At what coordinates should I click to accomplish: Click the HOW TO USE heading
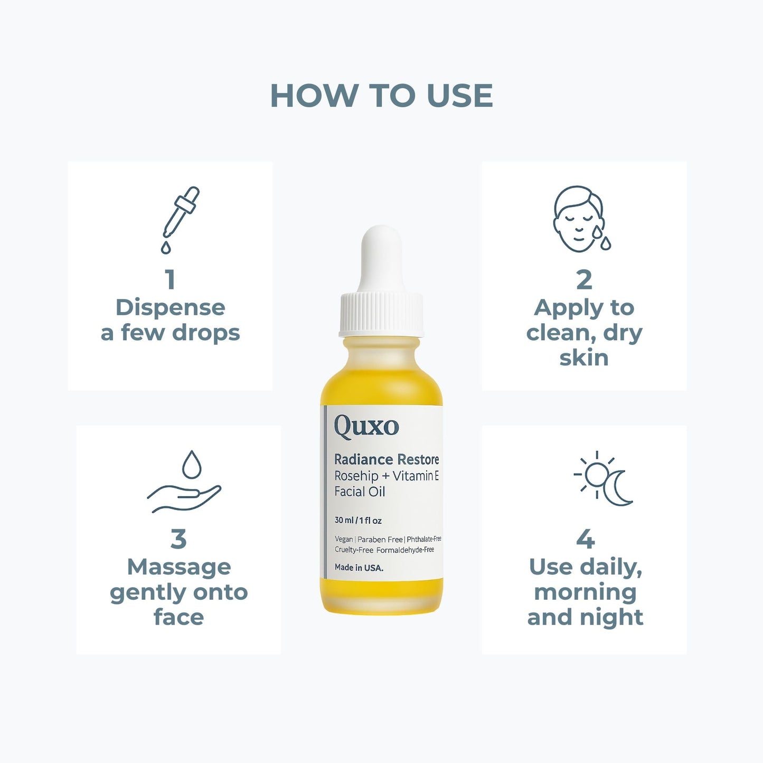pyautogui.click(x=381, y=96)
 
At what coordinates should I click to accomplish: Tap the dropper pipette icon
pyautogui.click(x=180, y=219)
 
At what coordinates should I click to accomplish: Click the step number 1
pyautogui.click(x=170, y=280)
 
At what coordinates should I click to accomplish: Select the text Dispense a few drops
pyautogui.click(x=170, y=320)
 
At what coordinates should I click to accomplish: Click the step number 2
pyautogui.click(x=584, y=280)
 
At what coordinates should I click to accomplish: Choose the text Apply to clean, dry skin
pyautogui.click(x=584, y=333)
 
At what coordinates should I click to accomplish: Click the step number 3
pyautogui.click(x=178, y=539)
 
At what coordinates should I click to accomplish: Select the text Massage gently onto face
pyautogui.click(x=178, y=592)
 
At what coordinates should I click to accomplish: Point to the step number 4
pyautogui.click(x=585, y=539)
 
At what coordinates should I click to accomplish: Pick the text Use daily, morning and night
pyautogui.click(x=585, y=592)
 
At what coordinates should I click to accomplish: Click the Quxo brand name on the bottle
pyautogui.click(x=366, y=427)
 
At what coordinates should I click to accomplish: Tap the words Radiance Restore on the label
pyautogui.click(x=387, y=459)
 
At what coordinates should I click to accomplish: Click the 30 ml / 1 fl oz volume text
pyautogui.click(x=358, y=521)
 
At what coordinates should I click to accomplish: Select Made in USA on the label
pyautogui.click(x=359, y=568)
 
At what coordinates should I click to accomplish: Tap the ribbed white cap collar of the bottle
pyautogui.click(x=381, y=314)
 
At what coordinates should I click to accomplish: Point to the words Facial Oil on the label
pyautogui.click(x=360, y=492)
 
